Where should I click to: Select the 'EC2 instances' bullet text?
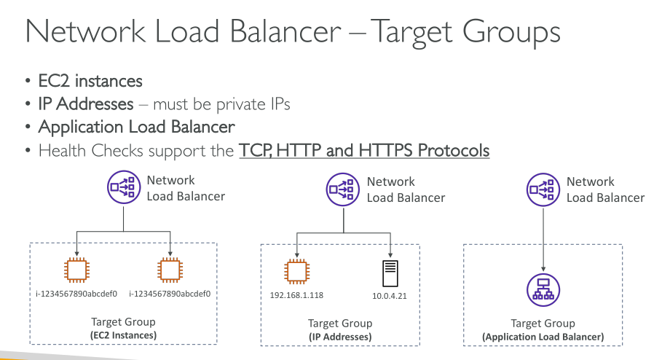(90, 81)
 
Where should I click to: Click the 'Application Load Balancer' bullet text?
(136, 128)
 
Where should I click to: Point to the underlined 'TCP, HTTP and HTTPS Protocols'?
(364, 151)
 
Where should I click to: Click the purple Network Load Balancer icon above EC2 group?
(122, 188)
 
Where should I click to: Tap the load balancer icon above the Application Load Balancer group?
(542, 189)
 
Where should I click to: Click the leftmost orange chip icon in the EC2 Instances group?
(76, 271)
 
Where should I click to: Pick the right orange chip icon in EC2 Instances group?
(170, 271)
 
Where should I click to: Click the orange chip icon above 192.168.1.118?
(296, 272)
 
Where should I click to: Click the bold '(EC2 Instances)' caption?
(123, 334)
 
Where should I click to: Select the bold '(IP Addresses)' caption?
(340, 337)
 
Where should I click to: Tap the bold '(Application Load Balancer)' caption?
(543, 337)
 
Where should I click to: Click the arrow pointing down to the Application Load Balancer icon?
(542, 240)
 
